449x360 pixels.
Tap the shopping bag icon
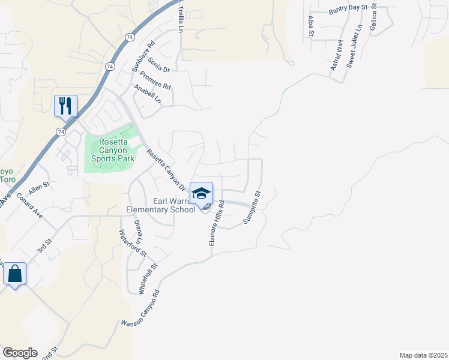[14, 274]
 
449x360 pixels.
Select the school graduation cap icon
[202, 193]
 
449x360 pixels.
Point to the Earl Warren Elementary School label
[160, 205]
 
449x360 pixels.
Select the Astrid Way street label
[337, 55]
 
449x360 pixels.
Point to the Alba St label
[311, 26]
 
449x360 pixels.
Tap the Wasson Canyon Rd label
[142, 308]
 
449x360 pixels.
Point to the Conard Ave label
[30, 205]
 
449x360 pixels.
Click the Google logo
[20, 353]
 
